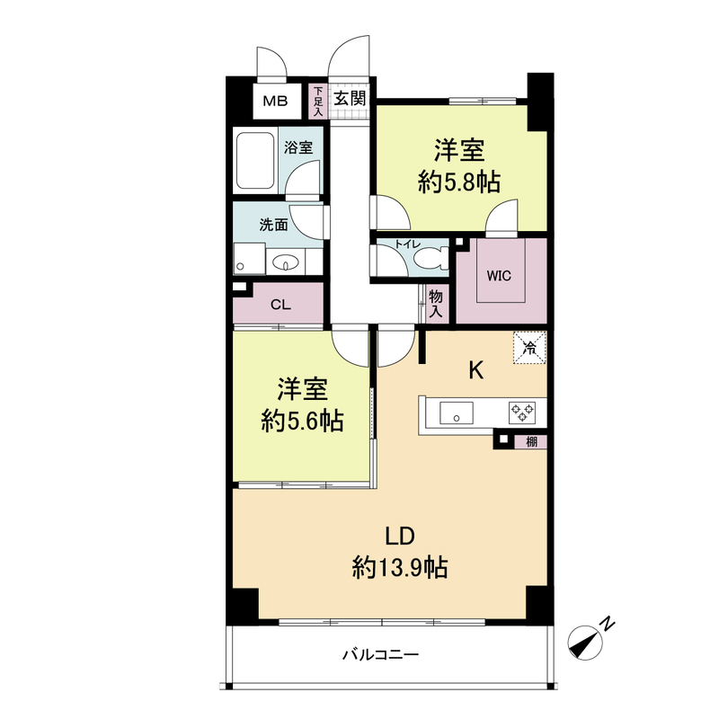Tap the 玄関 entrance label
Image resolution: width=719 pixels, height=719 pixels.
click(351, 100)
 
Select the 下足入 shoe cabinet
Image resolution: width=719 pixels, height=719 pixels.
click(317, 101)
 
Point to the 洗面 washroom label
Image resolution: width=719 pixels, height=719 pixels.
click(273, 225)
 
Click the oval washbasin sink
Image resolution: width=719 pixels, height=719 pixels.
click(287, 263)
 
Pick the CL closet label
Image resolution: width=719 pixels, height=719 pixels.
click(280, 304)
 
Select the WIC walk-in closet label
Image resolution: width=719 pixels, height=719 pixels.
click(500, 276)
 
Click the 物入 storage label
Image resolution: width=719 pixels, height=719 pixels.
click(436, 304)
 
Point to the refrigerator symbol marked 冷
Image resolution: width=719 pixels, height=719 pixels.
click(529, 346)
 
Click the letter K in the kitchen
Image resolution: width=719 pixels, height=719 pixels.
click(476, 369)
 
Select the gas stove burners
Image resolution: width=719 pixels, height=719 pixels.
click(522, 413)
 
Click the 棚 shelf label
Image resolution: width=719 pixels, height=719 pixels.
click(532, 440)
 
